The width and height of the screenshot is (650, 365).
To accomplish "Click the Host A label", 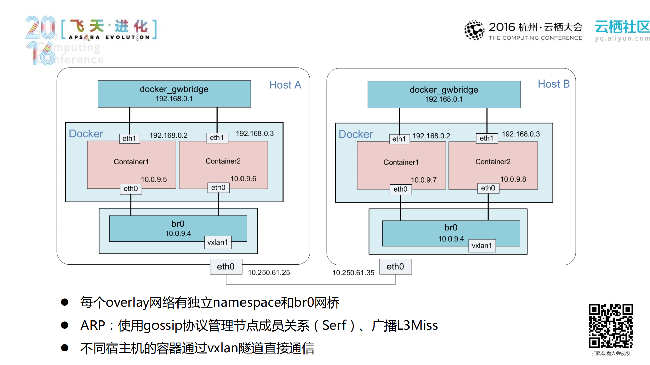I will [285, 85].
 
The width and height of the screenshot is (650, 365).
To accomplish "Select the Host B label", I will [553, 84].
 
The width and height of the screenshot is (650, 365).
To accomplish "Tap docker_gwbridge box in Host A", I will [174, 94].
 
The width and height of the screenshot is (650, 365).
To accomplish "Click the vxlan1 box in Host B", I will [482, 246].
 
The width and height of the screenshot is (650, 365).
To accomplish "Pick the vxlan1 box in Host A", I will [217, 242].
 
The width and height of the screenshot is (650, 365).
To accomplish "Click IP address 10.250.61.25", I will [269, 273].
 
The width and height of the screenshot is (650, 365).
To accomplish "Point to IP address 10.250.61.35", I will [353, 273].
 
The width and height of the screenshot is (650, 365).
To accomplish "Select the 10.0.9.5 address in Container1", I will [154, 180].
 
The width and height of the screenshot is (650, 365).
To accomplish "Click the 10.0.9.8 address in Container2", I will [513, 179].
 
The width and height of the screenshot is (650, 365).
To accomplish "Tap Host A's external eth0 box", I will [226, 267].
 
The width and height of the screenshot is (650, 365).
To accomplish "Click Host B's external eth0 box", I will [395, 267].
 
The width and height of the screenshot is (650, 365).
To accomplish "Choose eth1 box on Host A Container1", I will [129, 138].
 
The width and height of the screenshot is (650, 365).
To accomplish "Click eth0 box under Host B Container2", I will [488, 188].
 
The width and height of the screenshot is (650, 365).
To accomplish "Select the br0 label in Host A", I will [178, 224].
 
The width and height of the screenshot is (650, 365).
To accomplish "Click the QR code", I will [611, 326].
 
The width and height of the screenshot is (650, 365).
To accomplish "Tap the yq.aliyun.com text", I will [622, 38].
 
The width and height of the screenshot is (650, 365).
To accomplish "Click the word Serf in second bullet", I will [334, 325].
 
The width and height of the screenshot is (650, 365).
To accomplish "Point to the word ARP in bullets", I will [92, 325].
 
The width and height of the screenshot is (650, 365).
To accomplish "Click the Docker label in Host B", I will [356, 134].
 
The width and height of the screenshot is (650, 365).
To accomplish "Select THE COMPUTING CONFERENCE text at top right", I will [535, 38].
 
